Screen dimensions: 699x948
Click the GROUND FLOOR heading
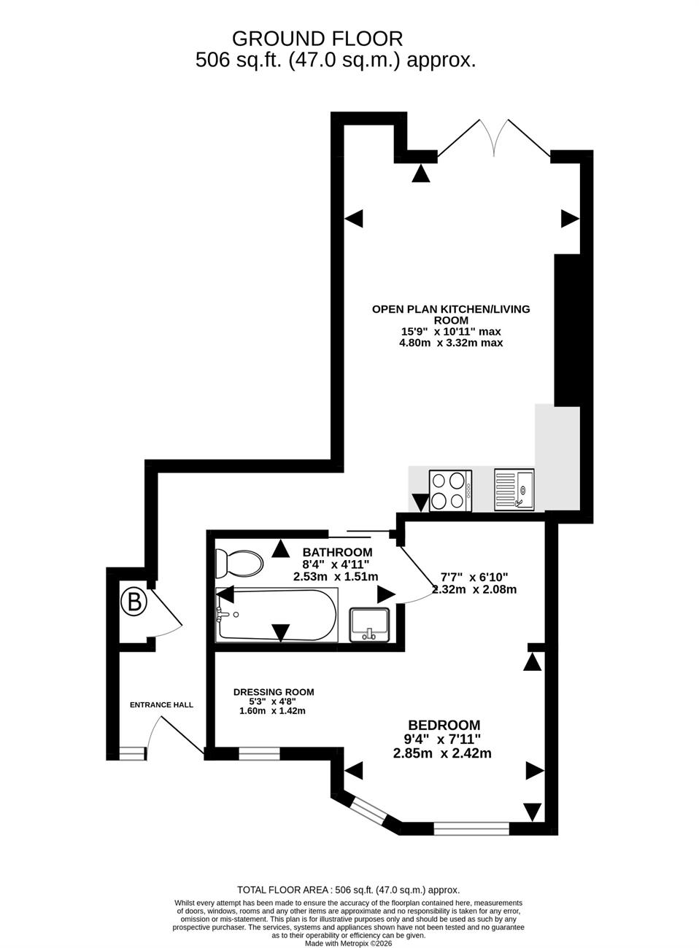tap(317, 39)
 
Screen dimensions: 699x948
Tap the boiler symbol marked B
tap(134, 602)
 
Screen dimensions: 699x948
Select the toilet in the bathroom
tap(239, 564)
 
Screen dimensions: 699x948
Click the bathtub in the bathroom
tap(277, 615)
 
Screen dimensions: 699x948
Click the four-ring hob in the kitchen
tap(450, 491)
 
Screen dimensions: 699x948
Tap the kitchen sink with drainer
tap(514, 489)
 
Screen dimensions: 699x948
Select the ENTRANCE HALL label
tap(161, 704)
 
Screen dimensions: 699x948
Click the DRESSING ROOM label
tap(274, 692)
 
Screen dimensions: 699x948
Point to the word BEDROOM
tap(444, 725)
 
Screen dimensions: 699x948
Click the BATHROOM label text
tap(337, 552)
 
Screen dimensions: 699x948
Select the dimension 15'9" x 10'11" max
tap(452, 331)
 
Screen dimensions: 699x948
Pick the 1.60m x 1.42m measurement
tap(273, 711)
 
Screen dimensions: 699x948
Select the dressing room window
tap(259, 754)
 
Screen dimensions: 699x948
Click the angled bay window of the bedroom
tap(368, 810)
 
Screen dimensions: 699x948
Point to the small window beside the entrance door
tap(132, 754)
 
